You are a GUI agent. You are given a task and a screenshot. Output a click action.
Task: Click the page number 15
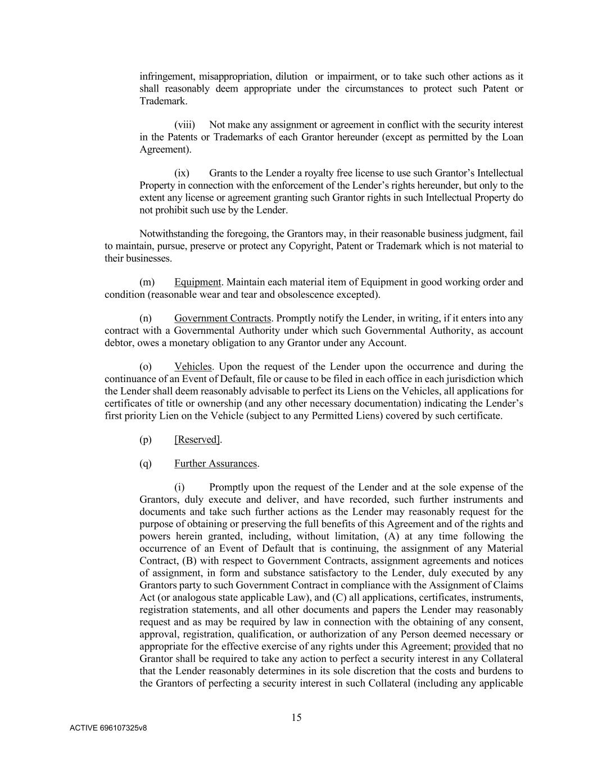(x=296, y=717)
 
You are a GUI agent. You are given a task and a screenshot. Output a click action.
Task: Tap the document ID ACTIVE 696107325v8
(x=108, y=728)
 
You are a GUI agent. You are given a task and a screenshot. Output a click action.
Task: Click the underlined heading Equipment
(x=197, y=282)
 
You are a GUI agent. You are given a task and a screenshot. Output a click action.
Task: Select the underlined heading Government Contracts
(x=222, y=319)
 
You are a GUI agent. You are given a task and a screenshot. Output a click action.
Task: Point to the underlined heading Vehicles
(x=193, y=367)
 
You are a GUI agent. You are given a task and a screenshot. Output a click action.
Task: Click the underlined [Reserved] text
(x=197, y=439)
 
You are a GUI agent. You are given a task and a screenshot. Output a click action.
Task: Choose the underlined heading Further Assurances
(x=215, y=464)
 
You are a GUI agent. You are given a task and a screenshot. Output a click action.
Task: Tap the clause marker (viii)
(x=184, y=125)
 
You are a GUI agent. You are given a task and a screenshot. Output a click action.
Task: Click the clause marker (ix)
(x=182, y=173)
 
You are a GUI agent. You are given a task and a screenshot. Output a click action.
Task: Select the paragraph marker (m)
(x=147, y=282)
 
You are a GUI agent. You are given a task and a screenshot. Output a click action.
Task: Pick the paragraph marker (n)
(x=146, y=319)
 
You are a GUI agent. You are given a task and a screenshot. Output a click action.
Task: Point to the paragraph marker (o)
(x=146, y=367)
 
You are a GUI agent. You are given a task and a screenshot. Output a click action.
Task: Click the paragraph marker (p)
(x=146, y=439)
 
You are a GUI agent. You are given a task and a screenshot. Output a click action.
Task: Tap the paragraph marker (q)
(x=146, y=464)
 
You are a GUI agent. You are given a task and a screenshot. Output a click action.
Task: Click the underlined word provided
(x=472, y=646)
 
